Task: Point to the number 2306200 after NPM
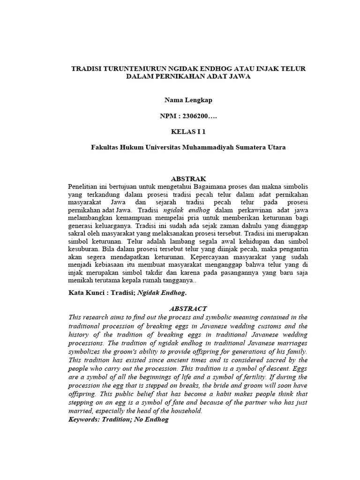[x=193, y=115]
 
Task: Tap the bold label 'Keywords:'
[x=85, y=420]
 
